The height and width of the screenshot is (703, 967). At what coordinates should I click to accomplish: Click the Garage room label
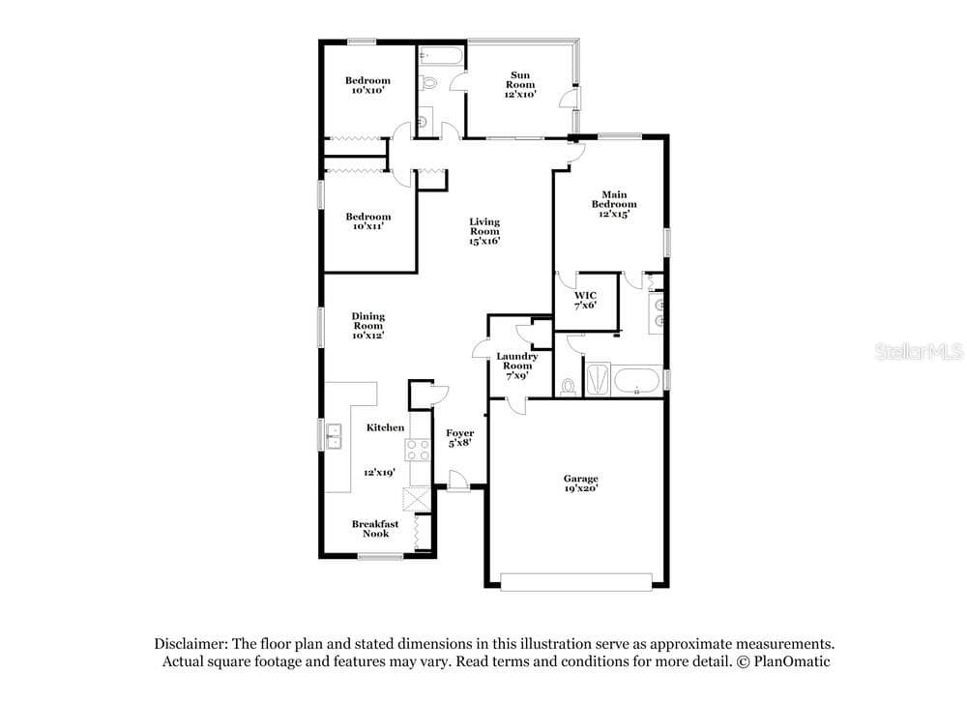pos(580,483)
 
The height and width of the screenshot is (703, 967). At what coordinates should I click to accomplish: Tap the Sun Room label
pos(520,84)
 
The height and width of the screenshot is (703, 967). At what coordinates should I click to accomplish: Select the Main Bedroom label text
pos(614,204)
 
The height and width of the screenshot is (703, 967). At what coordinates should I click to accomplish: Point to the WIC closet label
pos(585,301)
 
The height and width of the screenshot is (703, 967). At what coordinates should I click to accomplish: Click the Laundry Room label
pos(516,366)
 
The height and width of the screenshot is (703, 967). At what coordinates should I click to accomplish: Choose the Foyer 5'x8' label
pos(460,438)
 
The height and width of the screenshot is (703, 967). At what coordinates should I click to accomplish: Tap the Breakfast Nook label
pos(375,529)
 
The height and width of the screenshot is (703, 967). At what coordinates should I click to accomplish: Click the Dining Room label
pos(368,326)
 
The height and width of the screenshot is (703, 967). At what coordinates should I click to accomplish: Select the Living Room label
pos(484,231)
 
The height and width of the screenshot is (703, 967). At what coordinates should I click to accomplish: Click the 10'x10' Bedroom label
pos(367,85)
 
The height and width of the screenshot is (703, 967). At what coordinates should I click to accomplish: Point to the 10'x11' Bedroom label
pos(368,221)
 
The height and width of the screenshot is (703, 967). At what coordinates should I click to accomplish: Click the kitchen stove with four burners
pos(418,450)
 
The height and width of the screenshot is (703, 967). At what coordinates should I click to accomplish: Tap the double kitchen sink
pos(334,437)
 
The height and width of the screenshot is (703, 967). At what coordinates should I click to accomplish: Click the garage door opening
pos(576,582)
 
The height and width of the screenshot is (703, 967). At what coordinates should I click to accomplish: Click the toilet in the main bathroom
pos(568,387)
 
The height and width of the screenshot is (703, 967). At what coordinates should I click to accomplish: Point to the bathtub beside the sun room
pos(441,57)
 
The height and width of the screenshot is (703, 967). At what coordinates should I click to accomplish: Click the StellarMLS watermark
pos(919,352)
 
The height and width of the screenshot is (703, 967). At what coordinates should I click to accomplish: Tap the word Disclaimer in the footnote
pos(191,644)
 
